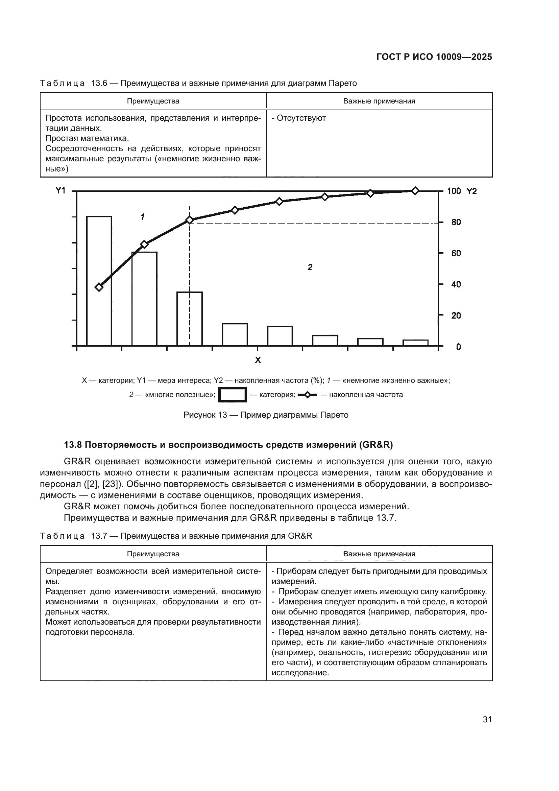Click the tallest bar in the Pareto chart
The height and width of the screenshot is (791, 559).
coord(99,281)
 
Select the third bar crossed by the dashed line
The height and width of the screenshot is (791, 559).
coord(190,319)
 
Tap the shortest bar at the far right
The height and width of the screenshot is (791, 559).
coord(415,343)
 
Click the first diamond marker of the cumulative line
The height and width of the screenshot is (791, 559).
coord(99,287)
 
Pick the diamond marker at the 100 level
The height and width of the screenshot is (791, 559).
coord(415,191)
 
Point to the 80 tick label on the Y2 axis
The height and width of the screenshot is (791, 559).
coord(456,222)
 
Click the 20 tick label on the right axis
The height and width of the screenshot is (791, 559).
coord(456,316)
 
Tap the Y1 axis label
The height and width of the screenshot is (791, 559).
coord(60,190)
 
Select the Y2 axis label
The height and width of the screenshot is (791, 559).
coord(471,191)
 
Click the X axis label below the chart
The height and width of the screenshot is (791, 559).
coord(258,360)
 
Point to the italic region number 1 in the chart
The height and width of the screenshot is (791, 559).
coord(143,217)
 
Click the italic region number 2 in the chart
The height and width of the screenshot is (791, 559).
coord(310,267)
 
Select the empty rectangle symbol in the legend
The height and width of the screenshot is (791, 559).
coord(233,394)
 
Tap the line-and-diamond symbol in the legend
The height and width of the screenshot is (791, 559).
coord(307,395)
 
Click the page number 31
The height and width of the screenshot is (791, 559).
coord(487,719)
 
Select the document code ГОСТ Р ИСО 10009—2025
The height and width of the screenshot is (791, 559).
coord(434,57)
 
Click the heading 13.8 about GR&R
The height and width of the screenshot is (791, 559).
coord(228,445)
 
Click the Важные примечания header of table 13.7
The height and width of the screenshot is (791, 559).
coord(379,554)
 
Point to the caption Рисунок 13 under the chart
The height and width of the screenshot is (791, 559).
coord(266,415)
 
